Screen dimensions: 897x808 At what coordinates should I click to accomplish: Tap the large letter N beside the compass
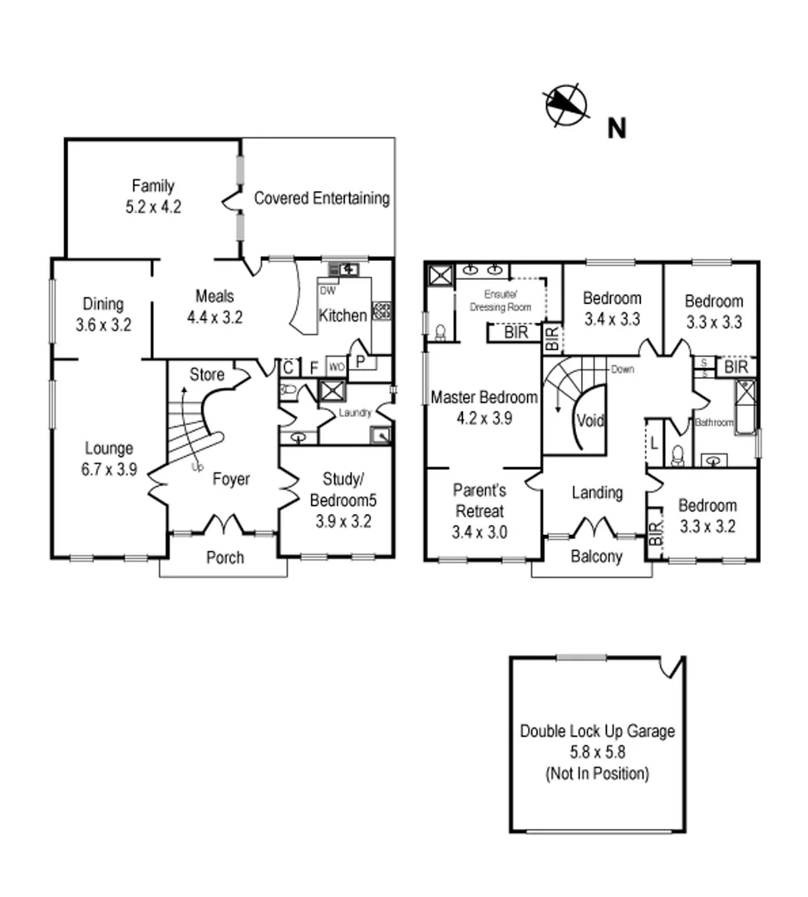click(x=616, y=128)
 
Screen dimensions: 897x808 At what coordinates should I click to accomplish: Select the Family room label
click(x=152, y=185)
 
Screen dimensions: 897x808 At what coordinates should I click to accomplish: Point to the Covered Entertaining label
click(x=321, y=198)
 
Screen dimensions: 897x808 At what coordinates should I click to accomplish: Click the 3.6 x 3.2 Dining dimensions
click(x=103, y=325)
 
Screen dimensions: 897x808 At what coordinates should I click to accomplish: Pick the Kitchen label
click(x=342, y=316)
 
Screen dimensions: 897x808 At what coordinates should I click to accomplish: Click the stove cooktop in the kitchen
click(x=382, y=311)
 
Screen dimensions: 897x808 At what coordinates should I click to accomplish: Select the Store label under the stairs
click(x=206, y=375)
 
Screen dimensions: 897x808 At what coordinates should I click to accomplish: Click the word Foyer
click(x=231, y=479)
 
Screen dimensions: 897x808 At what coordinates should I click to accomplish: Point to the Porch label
click(x=224, y=557)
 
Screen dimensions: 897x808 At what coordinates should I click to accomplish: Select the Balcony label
click(x=596, y=556)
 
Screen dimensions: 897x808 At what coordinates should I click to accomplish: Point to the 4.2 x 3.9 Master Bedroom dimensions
click(x=484, y=418)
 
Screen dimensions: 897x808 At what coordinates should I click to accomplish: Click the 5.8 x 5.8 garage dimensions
click(x=597, y=752)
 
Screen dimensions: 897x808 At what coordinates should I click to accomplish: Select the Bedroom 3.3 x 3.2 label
click(x=707, y=515)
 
